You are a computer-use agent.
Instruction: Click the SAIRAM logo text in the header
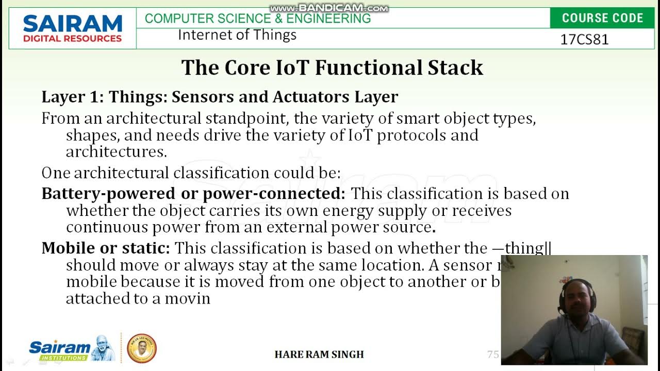(72, 24)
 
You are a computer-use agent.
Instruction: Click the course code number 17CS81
(584, 40)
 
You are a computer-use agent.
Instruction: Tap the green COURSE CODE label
(602, 18)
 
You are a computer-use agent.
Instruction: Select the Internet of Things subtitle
(237, 35)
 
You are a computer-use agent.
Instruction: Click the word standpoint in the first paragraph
(247, 119)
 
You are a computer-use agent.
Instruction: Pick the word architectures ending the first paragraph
(116, 152)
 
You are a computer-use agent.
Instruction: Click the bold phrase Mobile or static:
(106, 248)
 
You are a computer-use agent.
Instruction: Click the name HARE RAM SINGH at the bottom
(319, 355)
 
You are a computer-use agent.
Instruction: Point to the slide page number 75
(493, 355)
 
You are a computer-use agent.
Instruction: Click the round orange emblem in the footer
(141, 348)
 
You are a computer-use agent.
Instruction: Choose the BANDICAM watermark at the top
(329, 8)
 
